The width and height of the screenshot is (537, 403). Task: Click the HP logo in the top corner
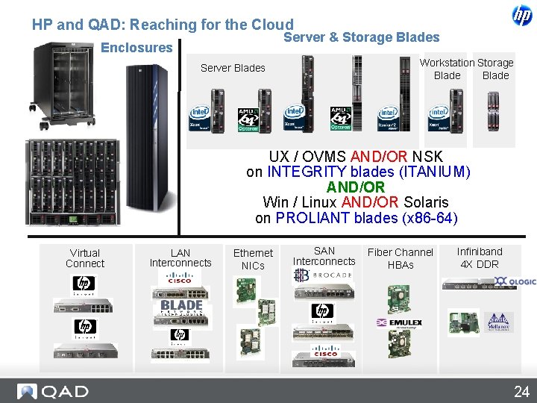click(521, 15)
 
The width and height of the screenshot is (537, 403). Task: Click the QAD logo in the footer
click(54, 392)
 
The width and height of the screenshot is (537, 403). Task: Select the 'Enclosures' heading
click(136, 48)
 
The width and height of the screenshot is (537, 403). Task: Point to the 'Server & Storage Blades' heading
click(362, 37)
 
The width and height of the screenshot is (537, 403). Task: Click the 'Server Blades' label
click(233, 68)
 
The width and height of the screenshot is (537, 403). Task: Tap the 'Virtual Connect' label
click(85, 258)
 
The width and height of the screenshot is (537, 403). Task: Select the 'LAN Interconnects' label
click(180, 257)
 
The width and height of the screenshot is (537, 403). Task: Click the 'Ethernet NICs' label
click(253, 259)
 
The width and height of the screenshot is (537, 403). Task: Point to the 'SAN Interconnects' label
click(324, 256)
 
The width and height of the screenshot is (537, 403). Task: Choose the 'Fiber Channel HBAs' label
click(400, 258)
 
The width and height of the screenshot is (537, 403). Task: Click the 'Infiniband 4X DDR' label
click(480, 257)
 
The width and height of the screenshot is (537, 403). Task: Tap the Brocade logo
click(322, 275)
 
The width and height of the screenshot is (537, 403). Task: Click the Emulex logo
click(400, 323)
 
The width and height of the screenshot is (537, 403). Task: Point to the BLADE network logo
click(181, 307)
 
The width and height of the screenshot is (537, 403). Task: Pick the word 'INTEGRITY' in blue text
click(304, 172)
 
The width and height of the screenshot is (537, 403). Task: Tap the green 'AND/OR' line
click(356, 187)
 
